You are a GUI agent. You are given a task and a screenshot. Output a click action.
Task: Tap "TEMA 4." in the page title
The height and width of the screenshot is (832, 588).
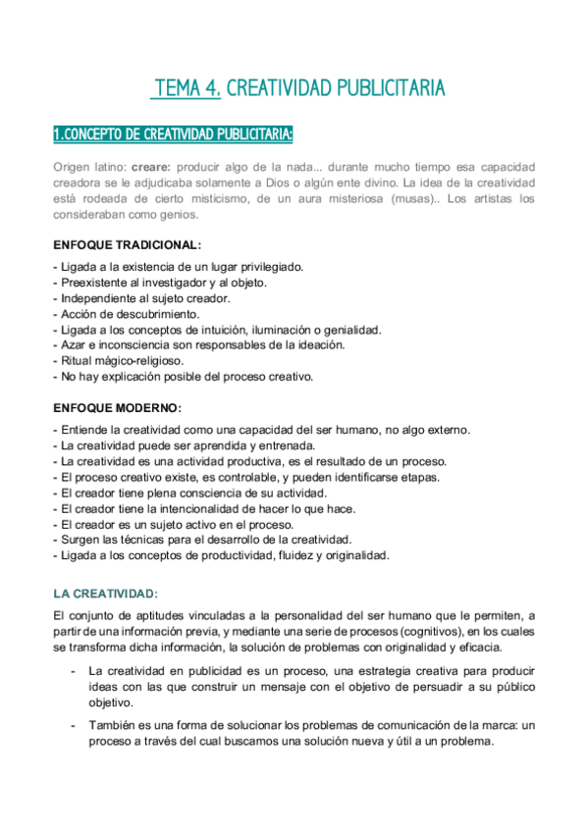coord(186,89)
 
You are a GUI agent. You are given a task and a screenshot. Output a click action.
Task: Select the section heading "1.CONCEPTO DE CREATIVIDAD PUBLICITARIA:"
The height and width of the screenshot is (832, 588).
coord(172,133)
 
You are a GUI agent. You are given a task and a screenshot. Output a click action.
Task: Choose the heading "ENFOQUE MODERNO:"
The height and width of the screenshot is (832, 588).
coord(117,407)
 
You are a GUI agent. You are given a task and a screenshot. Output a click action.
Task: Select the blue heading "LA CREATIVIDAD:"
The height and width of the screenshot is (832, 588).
coord(107,594)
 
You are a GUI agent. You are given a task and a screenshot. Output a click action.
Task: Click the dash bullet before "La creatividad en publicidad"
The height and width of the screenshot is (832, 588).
coord(74,670)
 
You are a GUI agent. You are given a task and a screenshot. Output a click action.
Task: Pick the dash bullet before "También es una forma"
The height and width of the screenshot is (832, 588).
coord(74,725)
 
